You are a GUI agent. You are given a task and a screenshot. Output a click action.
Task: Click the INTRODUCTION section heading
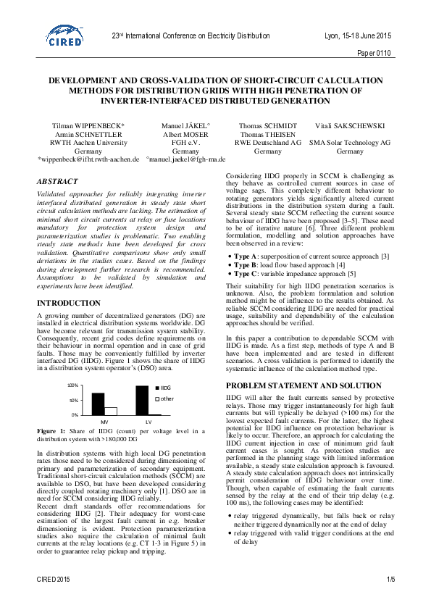(x=69, y=303)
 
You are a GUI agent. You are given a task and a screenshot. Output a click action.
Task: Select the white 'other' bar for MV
(x=111, y=411)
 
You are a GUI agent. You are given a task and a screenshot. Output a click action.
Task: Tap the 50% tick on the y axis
(x=73, y=400)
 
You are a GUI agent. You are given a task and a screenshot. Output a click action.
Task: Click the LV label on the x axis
(x=148, y=421)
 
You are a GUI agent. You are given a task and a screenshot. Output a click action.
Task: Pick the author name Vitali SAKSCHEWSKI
(x=350, y=126)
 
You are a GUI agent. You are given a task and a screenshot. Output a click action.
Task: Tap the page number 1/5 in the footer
(x=390, y=580)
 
